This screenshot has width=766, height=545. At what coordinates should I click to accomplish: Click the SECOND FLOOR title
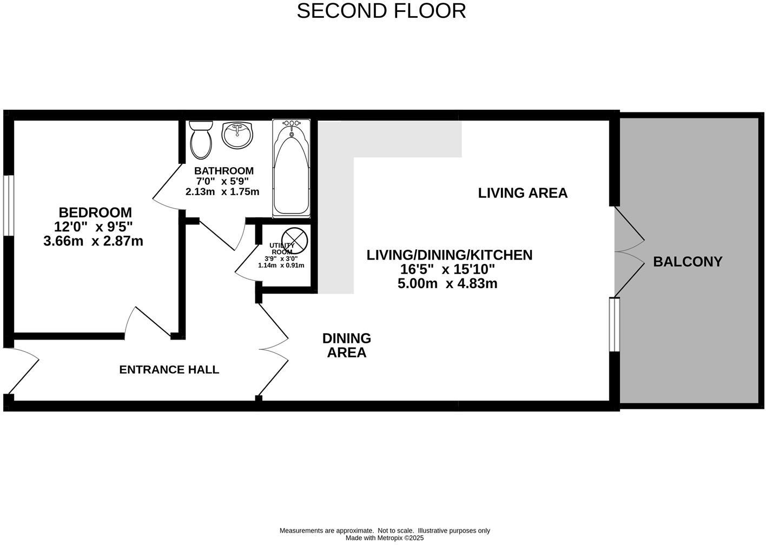(381, 11)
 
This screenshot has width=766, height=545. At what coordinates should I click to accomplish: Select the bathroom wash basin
(237, 135)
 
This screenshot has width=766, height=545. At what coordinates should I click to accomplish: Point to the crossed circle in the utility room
(294, 240)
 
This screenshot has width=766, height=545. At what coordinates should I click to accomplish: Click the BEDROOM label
(95, 212)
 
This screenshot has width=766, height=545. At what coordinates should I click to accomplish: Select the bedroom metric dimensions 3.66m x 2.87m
(93, 241)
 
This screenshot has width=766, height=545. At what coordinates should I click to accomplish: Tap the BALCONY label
(688, 262)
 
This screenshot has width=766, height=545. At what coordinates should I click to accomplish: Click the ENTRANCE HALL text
(169, 370)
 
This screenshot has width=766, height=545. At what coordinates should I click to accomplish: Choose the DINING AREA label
(347, 345)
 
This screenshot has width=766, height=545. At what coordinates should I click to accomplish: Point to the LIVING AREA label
(523, 193)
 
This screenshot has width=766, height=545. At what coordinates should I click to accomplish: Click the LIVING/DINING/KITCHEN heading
(449, 255)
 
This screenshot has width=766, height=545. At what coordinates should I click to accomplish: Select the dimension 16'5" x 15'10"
(447, 269)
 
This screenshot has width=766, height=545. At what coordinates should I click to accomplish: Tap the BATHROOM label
(224, 171)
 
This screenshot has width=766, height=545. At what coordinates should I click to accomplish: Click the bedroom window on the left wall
(8, 205)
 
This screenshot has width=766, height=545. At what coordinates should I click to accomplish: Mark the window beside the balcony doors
(614, 324)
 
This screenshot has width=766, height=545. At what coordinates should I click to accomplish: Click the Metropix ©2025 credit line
(385, 538)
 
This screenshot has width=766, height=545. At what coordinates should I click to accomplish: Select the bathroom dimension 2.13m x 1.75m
(222, 192)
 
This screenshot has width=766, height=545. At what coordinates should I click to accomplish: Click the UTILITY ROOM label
(281, 249)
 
